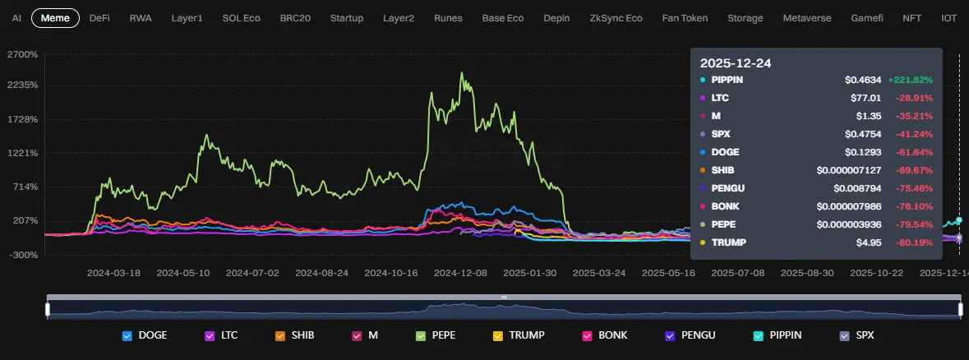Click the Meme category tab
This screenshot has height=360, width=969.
click(55, 17)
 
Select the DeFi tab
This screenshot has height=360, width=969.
click(99, 17)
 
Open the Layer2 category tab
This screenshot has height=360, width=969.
click(399, 17)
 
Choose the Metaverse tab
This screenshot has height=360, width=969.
click(806, 17)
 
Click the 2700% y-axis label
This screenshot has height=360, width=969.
click(22, 54)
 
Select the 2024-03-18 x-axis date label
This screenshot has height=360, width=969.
click(114, 272)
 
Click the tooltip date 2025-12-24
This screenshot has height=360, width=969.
click(736, 62)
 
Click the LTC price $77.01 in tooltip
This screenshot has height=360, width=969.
click(863, 98)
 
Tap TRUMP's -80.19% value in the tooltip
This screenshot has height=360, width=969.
click(914, 242)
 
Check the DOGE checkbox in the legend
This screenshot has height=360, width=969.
click(127, 335)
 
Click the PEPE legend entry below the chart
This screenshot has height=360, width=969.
click(420, 335)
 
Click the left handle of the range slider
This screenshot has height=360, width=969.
click(48, 309)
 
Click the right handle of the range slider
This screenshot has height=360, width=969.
click(960, 309)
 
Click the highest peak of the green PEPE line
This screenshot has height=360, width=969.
click(462, 73)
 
